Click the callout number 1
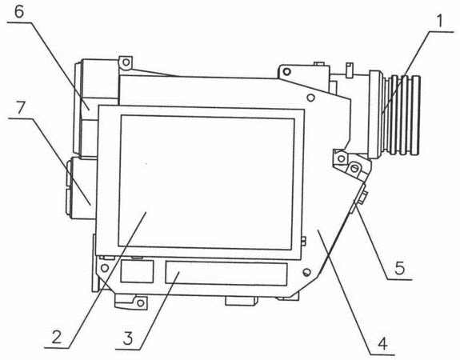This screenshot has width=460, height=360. pos(439,21)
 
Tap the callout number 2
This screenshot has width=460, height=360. pos(57,337)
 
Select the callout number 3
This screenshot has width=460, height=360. pos(128,338)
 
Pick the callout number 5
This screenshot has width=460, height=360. pos(399,268)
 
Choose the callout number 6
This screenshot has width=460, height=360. pos(18,12)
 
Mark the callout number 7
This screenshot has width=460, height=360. pos(21,108)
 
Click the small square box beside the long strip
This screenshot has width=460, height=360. pos(137,271)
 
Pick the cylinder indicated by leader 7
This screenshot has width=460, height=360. pos(82,188)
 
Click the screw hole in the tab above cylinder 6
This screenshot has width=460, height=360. pos(126,62)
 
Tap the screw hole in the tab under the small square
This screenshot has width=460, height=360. pos(141,302)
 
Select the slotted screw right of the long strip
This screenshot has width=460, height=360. pos(306,273)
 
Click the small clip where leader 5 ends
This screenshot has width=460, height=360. pos(359,198)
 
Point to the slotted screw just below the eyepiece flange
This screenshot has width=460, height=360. pos(354,169)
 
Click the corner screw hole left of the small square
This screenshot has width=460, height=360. pos(105,268)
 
